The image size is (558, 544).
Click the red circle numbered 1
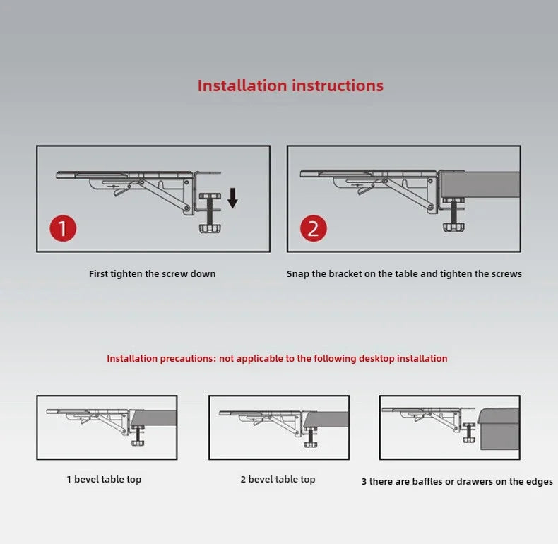point(63,228)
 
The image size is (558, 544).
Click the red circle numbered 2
point(314,228)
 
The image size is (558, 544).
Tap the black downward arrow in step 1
point(233,199)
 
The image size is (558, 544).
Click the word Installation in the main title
point(242,85)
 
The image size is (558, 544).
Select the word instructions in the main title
point(338,85)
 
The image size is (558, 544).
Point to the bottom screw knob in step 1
point(210,228)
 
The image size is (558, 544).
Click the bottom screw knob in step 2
point(454,227)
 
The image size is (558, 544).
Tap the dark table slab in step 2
point(480,184)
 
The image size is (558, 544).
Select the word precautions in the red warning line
point(188,358)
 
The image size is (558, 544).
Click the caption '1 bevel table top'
point(104,480)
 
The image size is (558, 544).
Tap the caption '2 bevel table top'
point(278,480)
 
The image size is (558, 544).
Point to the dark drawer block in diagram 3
point(498,429)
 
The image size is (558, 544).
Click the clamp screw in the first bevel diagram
point(138,435)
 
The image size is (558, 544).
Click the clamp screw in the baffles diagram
point(469,432)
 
